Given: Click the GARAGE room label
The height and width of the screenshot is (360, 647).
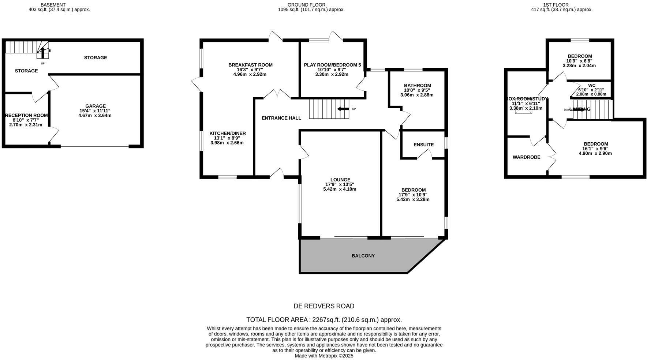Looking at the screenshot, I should [x=96, y=106].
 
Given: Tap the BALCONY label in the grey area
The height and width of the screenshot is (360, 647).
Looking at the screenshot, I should [x=363, y=256].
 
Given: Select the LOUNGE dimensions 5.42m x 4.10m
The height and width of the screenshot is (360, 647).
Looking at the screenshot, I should [x=340, y=189].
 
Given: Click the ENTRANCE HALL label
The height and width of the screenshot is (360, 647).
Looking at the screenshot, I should [x=281, y=118].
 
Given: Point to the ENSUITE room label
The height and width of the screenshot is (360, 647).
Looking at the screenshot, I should [x=423, y=145].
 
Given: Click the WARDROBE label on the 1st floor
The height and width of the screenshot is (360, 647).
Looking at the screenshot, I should [x=526, y=157].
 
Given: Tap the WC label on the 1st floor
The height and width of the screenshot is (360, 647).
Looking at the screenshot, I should [x=592, y=85].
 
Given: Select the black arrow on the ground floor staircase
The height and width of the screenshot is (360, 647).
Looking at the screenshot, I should [x=343, y=109].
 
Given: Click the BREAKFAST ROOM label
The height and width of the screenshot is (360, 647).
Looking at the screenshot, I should [x=250, y=65].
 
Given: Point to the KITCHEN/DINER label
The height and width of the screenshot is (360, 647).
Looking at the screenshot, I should [x=227, y=133].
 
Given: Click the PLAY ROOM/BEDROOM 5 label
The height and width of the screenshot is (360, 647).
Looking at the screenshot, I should [x=332, y=65].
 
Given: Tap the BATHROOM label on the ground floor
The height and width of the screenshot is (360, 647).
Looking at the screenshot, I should [x=417, y=85].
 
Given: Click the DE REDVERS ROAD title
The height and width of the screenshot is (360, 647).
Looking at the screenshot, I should [x=324, y=306].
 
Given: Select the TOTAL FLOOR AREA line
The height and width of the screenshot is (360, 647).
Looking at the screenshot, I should [x=324, y=319].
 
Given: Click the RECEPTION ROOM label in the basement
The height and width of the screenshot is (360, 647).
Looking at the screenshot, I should [x=26, y=115].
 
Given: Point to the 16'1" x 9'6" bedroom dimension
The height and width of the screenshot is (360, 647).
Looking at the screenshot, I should [x=595, y=149].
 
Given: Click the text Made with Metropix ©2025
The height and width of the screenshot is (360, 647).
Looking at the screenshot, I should [x=324, y=355].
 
